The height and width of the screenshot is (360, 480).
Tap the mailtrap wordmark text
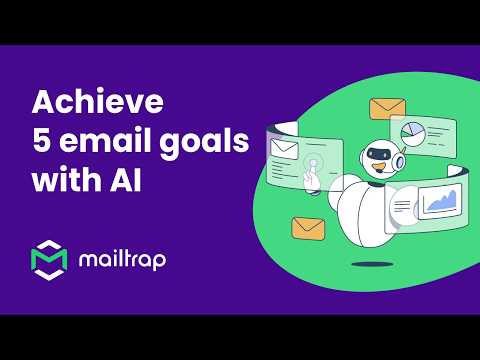click(122, 260)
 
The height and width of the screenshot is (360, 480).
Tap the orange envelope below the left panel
click(308, 228)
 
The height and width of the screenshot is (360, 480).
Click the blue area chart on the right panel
click(439, 203)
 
